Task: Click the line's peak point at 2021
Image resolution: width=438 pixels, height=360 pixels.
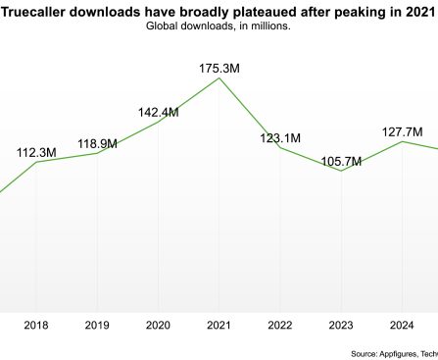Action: coord(219,77)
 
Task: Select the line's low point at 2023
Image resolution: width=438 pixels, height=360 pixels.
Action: coord(340,171)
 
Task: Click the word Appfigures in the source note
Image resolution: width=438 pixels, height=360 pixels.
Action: coord(405,353)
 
